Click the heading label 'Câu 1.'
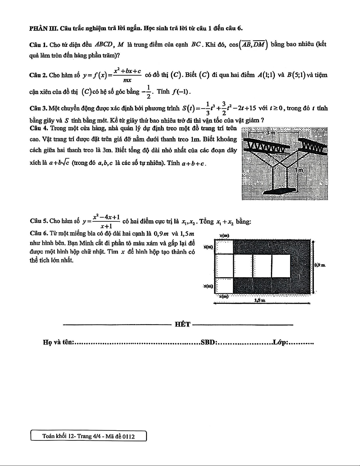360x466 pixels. (x=39, y=45)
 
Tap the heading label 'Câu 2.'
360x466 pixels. (x=38, y=75)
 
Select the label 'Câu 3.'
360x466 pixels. (x=38, y=108)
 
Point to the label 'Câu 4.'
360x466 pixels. (x=39, y=128)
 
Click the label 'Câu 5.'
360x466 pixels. (x=39, y=221)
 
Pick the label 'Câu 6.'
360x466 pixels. (x=39, y=234)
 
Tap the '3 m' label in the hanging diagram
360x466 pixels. (x=270, y=133)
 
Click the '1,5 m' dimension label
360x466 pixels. (x=260, y=300)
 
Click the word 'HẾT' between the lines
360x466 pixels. (x=182, y=325)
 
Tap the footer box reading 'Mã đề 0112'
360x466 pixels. (x=88, y=436)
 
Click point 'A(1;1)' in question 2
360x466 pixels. (x=266, y=75)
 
